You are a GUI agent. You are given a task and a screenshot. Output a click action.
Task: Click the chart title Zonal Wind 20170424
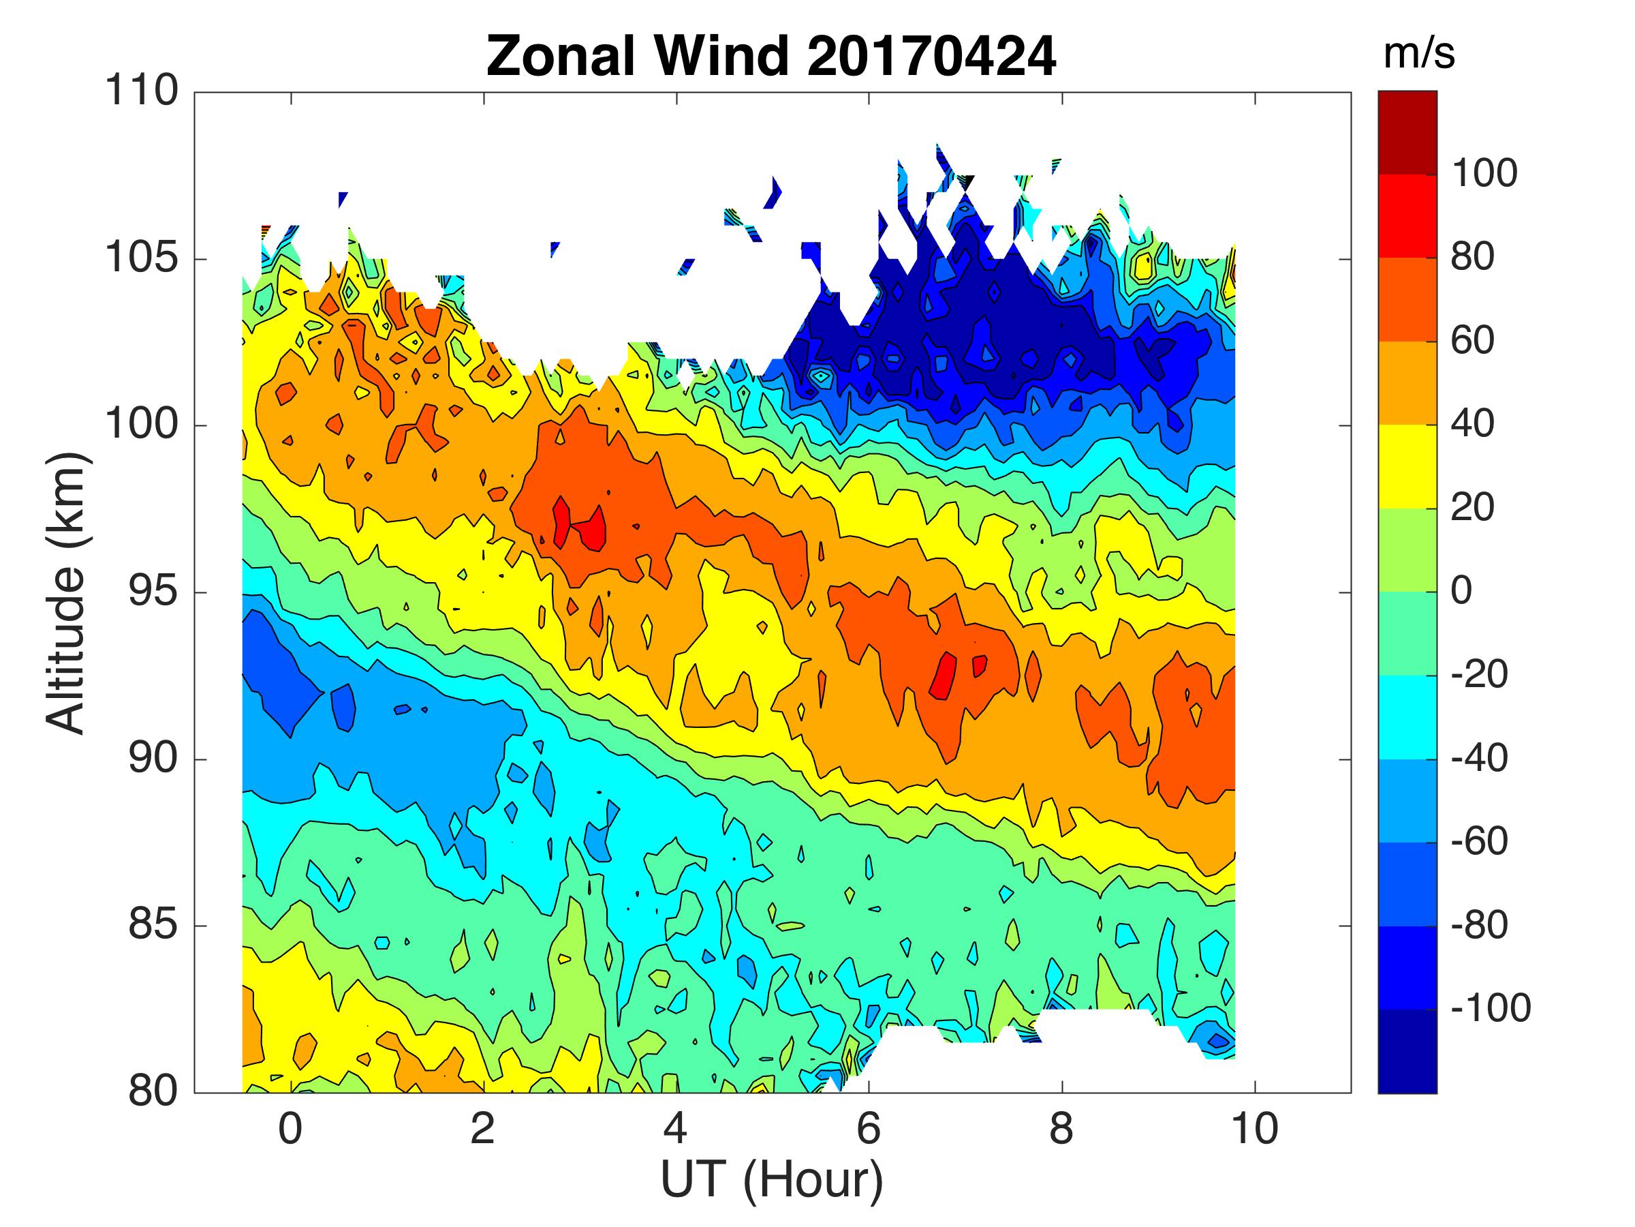[771, 56]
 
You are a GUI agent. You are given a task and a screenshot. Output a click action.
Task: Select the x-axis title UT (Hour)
[771, 1179]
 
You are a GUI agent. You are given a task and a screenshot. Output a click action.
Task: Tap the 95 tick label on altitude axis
[153, 592]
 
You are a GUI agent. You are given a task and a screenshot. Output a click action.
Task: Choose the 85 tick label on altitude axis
[153, 925]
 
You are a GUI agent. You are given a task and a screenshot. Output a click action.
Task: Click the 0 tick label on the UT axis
[290, 1129]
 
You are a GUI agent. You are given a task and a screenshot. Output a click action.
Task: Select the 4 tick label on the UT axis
[676, 1129]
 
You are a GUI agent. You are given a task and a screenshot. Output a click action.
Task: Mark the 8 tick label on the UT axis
[1061, 1129]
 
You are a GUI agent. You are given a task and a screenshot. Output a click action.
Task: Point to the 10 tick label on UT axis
[1254, 1129]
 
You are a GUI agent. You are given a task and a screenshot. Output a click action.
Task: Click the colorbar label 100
[1484, 174]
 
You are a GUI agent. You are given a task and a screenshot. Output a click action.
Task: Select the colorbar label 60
[1472, 341]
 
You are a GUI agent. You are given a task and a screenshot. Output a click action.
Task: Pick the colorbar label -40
[1479, 758]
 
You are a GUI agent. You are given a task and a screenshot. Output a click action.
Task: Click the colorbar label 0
[1462, 591]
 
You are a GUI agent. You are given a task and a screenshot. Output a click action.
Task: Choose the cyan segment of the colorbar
[1407, 716]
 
